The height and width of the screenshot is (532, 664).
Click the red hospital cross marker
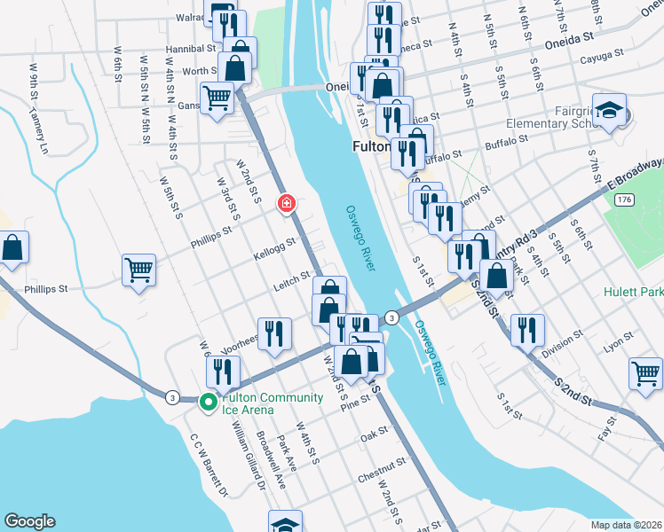[287, 203]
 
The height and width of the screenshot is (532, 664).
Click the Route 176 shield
[625, 200]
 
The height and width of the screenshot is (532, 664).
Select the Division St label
[563, 344]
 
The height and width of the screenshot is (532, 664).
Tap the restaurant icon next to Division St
[527, 329]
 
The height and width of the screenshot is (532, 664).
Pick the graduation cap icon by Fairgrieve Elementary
[610, 110]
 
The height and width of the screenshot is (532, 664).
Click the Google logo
[30, 521]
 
